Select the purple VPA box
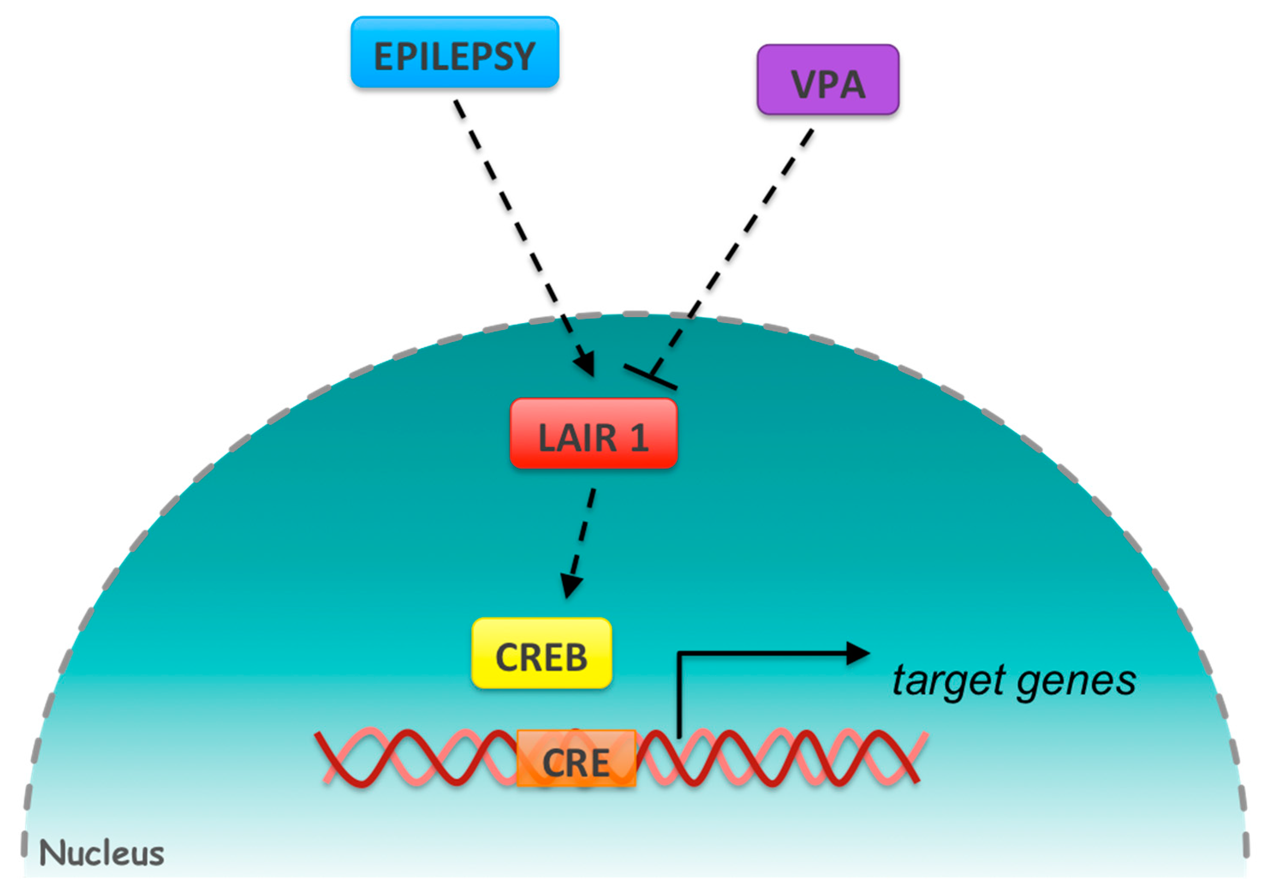click(828, 80)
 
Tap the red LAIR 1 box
click(593, 433)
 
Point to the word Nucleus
click(102, 853)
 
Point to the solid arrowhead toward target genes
click(858, 653)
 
